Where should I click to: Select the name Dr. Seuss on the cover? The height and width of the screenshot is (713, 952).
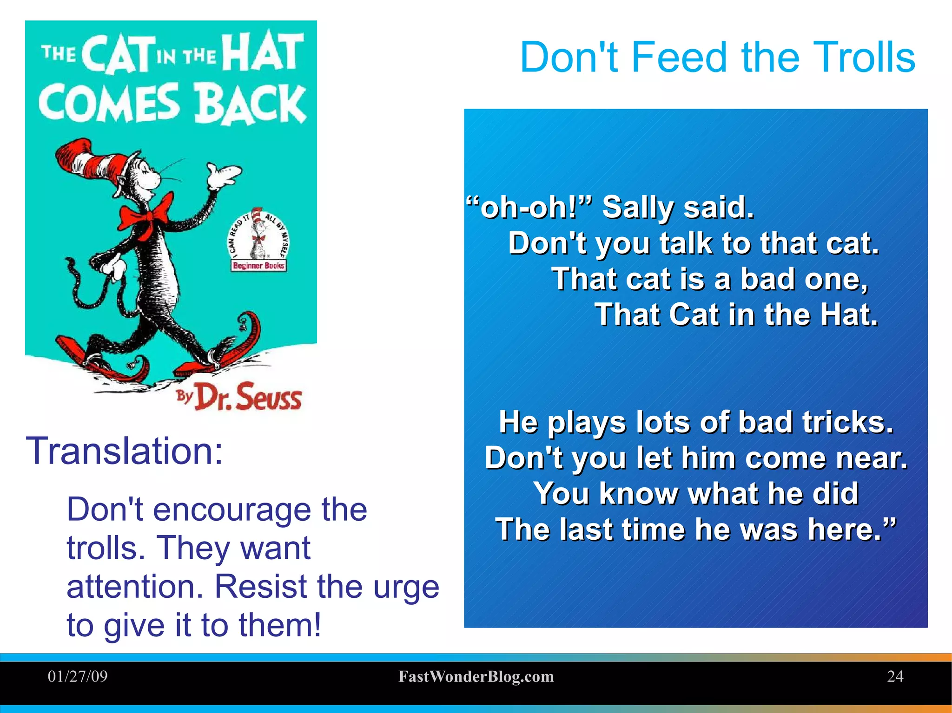pyautogui.click(x=249, y=397)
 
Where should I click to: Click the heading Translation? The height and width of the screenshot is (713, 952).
pyautogui.click(x=125, y=451)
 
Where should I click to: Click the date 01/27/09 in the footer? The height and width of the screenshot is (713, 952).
pyautogui.click(x=78, y=676)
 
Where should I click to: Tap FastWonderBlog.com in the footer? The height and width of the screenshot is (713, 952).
pyautogui.click(x=476, y=676)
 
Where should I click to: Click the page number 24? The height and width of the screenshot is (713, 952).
pyautogui.click(x=895, y=676)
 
